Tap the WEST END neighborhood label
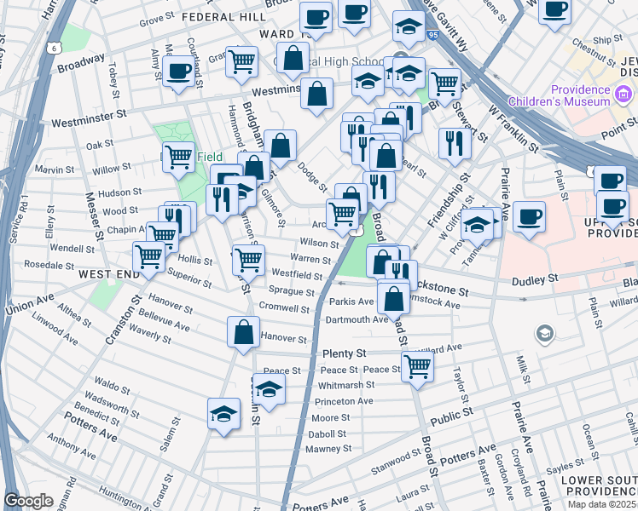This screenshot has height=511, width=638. tap(108, 274)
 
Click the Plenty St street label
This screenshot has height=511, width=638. tap(344, 353)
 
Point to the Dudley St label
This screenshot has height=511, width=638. tap(535, 278)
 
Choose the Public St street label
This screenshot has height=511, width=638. tap(451, 416)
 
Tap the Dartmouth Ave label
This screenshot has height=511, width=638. tap(357, 319)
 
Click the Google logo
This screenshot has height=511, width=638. tap(28, 501)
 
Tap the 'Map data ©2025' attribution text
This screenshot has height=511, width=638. tap(601, 504)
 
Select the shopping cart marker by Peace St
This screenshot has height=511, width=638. tap(417, 365)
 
